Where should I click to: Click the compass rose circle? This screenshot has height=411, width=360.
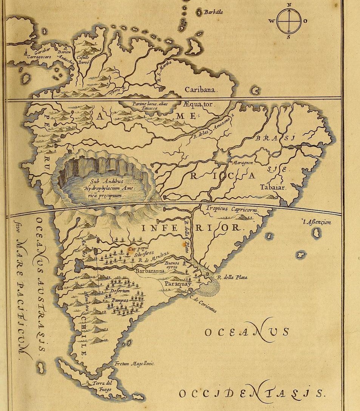[x=289, y=21]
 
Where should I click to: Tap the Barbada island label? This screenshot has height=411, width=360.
[x=213, y=12]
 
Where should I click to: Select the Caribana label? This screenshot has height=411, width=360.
[x=200, y=90]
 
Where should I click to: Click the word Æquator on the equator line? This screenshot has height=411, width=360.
[x=199, y=104]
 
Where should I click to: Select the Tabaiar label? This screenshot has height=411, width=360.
[x=273, y=187]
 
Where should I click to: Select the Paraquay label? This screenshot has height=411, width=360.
[x=178, y=284]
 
